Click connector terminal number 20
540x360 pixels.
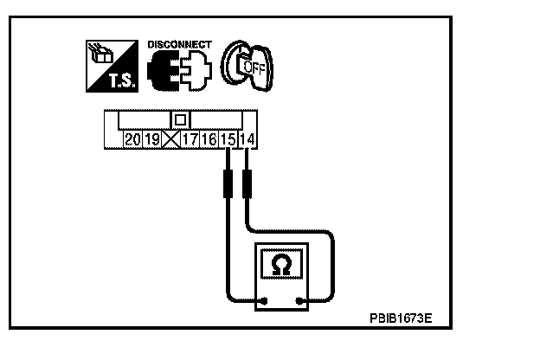(x=132, y=138)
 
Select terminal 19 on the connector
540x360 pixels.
(x=151, y=138)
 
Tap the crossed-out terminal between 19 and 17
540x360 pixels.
(x=170, y=138)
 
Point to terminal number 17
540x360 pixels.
(x=190, y=138)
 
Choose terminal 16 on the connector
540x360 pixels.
(x=209, y=138)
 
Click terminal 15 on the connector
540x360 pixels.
(x=228, y=138)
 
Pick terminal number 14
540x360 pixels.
(x=247, y=138)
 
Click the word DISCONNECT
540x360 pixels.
(x=179, y=43)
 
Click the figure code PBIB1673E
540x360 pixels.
(x=400, y=318)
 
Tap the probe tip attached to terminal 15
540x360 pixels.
(x=228, y=183)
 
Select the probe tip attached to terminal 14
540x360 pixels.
(x=247, y=183)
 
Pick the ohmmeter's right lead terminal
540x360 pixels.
(x=299, y=301)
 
